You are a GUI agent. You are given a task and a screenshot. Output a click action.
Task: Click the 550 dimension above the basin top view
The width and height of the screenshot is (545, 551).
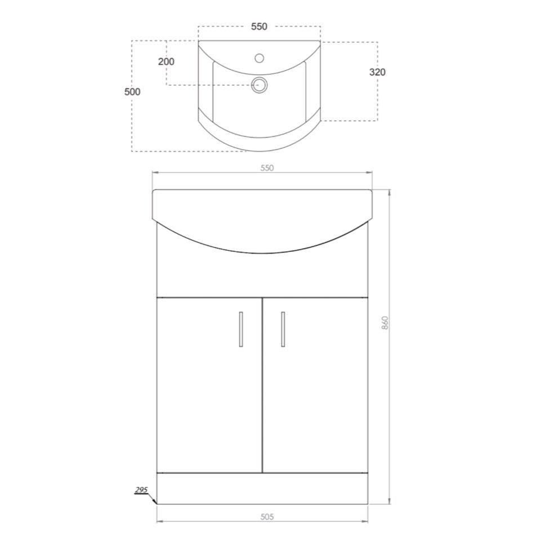point(259,26)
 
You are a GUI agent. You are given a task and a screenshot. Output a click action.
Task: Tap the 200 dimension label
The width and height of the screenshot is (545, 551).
point(166,61)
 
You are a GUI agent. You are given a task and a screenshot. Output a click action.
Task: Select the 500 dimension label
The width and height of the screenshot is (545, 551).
point(132,92)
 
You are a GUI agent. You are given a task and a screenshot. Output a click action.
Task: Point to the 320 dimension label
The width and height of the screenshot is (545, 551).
point(377,72)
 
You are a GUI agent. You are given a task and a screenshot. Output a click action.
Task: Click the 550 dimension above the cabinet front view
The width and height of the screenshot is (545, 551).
point(267,168)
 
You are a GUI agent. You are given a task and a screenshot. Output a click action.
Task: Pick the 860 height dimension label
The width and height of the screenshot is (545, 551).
point(385,323)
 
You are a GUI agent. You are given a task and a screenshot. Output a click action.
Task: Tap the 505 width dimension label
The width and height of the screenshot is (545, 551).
point(267,517)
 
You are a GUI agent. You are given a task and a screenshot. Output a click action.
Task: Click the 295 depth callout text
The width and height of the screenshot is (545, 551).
point(141,490)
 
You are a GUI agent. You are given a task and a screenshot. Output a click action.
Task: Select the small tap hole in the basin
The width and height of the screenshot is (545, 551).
point(259,58)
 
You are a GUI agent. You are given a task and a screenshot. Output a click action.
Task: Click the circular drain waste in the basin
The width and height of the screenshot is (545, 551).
point(259,85)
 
